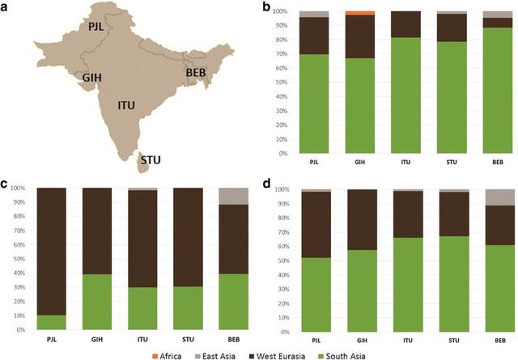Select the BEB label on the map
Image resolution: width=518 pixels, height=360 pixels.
point(197,73)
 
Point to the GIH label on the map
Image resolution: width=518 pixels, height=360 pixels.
point(91,77)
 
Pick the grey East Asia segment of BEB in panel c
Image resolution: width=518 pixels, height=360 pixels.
point(234,196)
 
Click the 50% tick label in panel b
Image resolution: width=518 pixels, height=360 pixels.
point(278,83)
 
